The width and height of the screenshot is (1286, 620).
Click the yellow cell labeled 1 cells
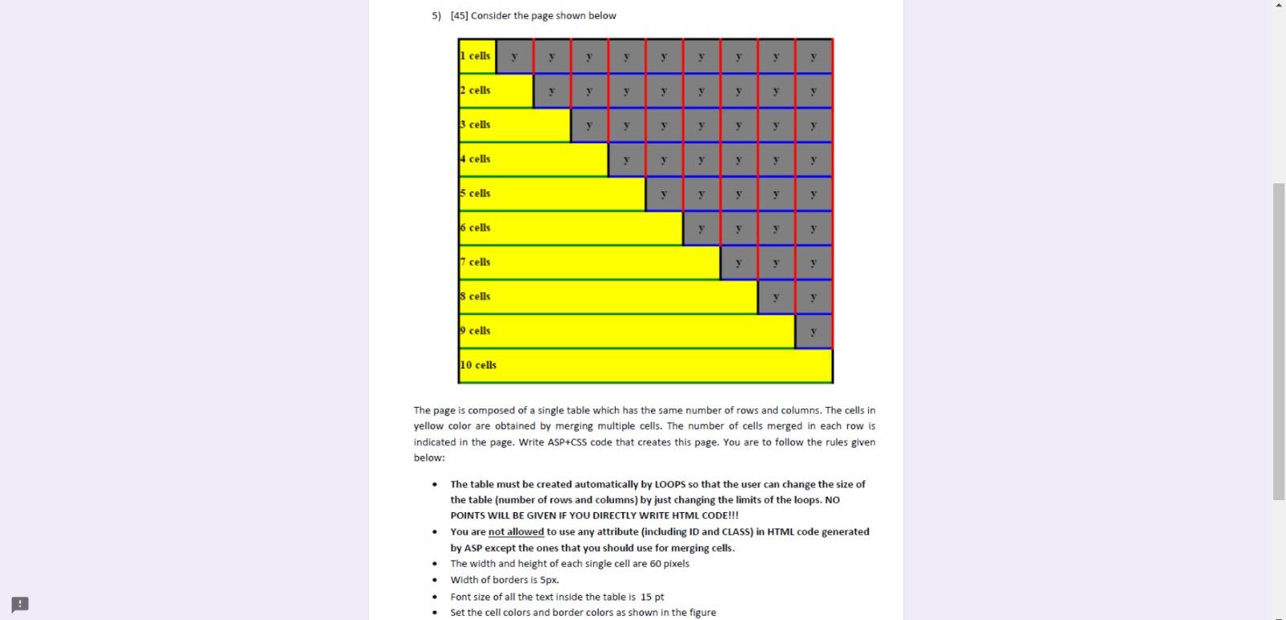(477, 55)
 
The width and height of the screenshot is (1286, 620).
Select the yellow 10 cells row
(645, 366)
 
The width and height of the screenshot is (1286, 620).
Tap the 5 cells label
(476, 193)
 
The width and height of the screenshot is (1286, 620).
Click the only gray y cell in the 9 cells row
(813, 331)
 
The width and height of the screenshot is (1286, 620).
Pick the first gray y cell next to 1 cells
(514, 56)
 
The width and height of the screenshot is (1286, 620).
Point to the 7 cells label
(476, 262)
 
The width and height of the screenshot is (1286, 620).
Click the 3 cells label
(476, 125)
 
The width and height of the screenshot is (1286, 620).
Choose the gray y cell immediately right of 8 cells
(776, 297)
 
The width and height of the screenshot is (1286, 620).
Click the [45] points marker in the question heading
(459, 15)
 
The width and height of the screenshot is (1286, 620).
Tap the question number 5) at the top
(436, 15)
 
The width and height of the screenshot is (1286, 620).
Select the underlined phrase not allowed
(515, 532)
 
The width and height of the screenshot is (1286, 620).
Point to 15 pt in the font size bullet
(652, 597)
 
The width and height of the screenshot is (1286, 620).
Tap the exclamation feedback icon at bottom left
(20, 604)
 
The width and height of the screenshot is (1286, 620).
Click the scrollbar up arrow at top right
(1279, 5)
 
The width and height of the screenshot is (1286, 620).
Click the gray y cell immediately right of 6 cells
(701, 228)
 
